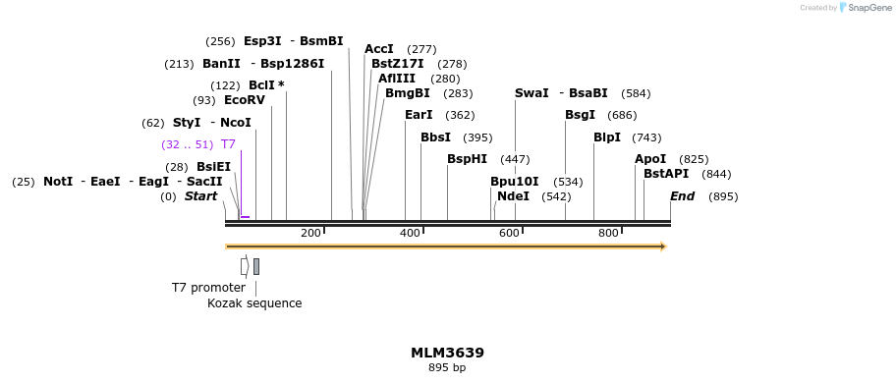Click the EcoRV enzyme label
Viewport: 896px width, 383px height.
(x=244, y=100)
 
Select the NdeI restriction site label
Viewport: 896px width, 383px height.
(x=513, y=196)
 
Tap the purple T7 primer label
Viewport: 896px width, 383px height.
(x=228, y=144)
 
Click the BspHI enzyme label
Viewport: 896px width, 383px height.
(x=467, y=159)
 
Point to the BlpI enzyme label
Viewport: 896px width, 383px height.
(x=606, y=137)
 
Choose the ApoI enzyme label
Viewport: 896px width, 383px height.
(x=650, y=159)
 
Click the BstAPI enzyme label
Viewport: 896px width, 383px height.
(x=666, y=174)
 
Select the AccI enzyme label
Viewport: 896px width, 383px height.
(x=378, y=49)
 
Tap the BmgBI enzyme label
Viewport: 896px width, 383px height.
(x=407, y=94)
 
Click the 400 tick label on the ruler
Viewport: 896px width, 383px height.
(x=410, y=234)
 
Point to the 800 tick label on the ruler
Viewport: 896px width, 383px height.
(x=608, y=234)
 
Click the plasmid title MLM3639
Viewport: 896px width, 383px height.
(x=447, y=353)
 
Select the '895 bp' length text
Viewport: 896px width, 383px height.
(x=447, y=368)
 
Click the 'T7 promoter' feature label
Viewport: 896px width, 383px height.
(x=208, y=288)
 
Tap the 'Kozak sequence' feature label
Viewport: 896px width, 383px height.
(x=254, y=303)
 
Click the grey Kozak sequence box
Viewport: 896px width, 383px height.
(x=256, y=266)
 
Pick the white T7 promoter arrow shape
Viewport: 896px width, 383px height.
(x=245, y=266)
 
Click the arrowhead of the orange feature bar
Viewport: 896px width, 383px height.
(x=664, y=246)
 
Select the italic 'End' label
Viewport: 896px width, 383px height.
(x=682, y=196)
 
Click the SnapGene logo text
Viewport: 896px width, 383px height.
(x=868, y=8)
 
